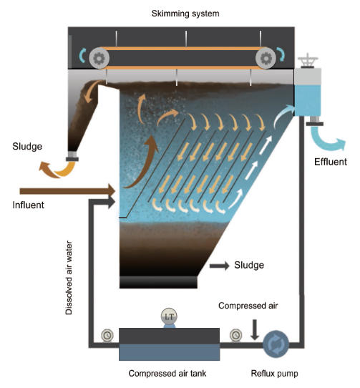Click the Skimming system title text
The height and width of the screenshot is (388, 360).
point(185,14)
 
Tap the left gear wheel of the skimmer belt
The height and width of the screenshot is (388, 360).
point(99,59)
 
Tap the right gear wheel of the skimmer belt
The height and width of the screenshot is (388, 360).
point(266,59)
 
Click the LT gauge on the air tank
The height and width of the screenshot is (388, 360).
point(169,316)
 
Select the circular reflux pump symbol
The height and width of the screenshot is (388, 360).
point(276,344)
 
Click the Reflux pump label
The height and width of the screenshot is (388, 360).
point(274,373)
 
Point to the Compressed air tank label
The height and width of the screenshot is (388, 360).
point(167,373)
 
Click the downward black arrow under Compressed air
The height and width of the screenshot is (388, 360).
point(255,330)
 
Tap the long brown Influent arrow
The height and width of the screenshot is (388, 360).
point(67,191)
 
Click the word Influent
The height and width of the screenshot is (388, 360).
point(28,205)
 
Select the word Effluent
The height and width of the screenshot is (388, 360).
point(331,162)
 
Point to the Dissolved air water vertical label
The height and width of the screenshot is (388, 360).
point(69,278)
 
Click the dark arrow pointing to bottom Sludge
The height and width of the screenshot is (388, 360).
point(220,266)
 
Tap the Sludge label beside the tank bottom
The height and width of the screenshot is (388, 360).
point(249,265)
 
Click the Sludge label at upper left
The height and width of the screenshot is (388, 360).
point(27,146)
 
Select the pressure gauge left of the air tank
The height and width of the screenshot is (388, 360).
point(107,336)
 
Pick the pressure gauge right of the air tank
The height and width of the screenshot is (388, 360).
point(235,335)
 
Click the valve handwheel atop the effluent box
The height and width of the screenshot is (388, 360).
point(308,60)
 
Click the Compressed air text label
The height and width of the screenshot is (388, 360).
point(248,306)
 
